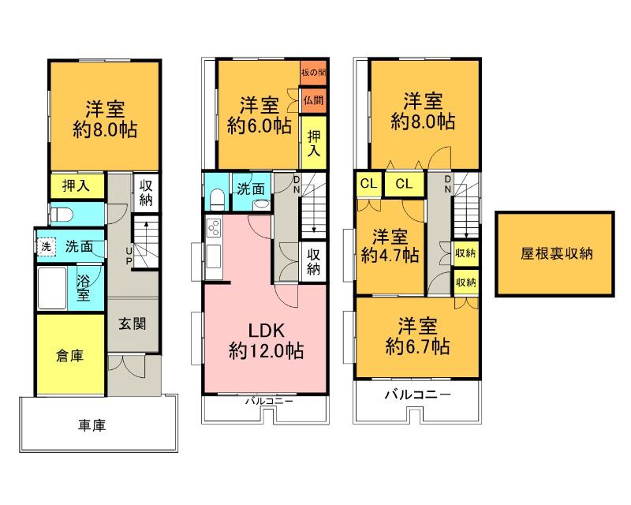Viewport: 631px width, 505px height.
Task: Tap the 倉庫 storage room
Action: [x=69, y=354]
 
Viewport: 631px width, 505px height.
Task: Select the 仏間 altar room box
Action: [x=313, y=100]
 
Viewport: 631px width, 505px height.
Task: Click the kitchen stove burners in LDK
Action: [x=213, y=230]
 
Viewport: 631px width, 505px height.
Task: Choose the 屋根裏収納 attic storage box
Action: [x=555, y=254]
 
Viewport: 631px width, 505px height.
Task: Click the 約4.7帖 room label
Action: [x=390, y=246]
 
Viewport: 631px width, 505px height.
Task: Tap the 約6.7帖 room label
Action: [x=416, y=336]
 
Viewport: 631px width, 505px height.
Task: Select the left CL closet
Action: [x=368, y=184]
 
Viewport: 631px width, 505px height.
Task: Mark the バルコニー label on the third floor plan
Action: [x=417, y=394]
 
